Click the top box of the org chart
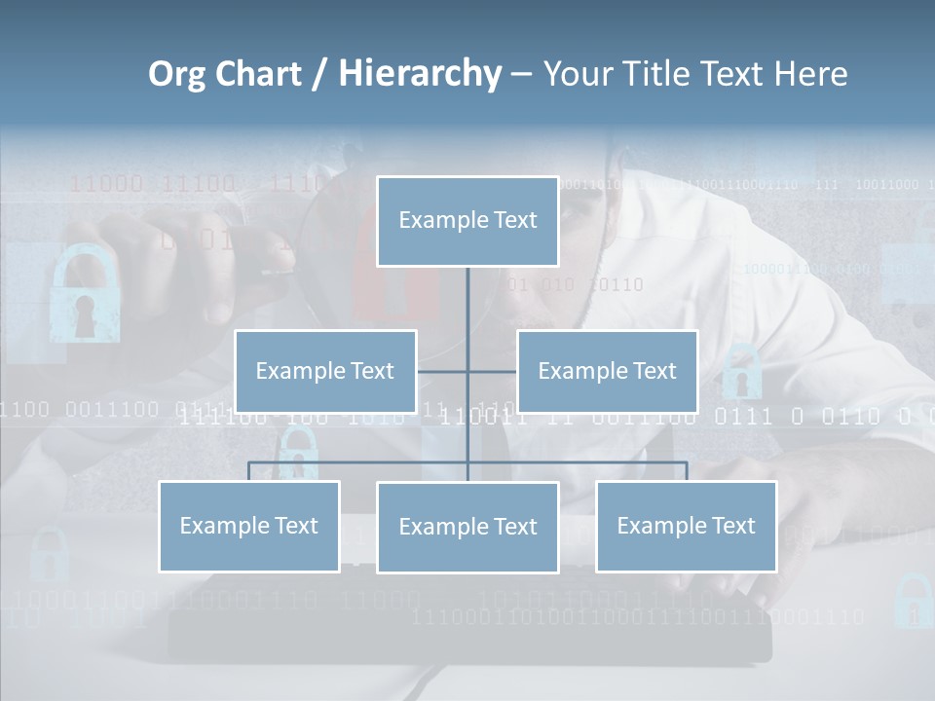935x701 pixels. tap(467, 221)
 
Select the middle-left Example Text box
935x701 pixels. tap(325, 371)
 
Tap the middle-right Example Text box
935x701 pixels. tap(607, 371)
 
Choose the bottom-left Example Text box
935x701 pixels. tap(249, 526)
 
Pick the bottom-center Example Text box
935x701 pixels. tap(467, 527)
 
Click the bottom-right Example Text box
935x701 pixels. tap(686, 526)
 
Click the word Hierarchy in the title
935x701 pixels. tap(420, 73)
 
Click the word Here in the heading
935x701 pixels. tap(810, 73)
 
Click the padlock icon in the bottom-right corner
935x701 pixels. tap(914, 600)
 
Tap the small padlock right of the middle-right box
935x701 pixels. tap(742, 371)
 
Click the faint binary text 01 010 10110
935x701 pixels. tap(576, 284)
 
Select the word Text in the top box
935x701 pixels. tap(514, 220)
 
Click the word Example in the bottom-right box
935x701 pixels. tap(659, 526)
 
